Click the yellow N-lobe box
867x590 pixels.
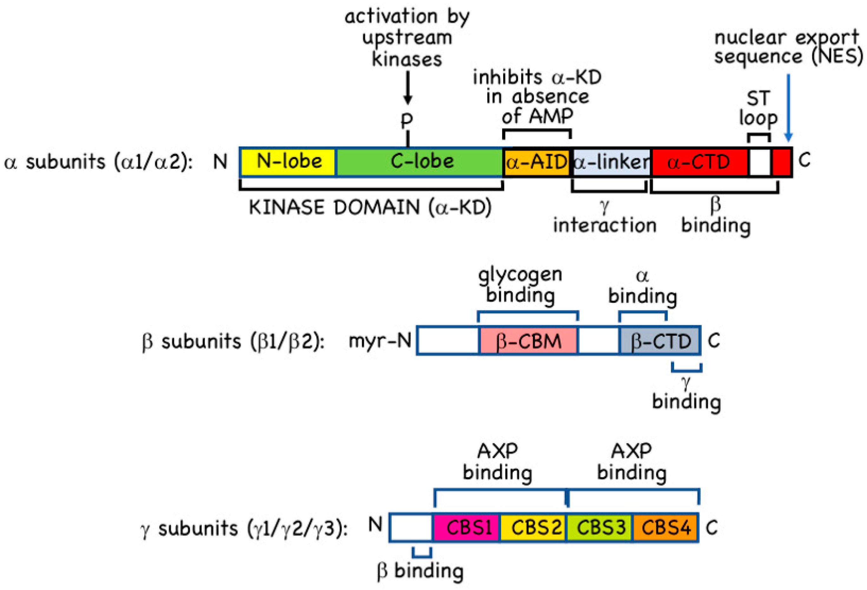click(288, 162)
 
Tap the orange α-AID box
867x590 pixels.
click(536, 162)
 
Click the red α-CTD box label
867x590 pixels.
click(698, 162)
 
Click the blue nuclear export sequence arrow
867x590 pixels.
click(788, 108)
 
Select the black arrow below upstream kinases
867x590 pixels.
click(408, 88)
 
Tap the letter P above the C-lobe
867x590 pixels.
click(407, 120)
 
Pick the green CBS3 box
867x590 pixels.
click(600, 527)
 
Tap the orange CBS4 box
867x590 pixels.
click(666, 527)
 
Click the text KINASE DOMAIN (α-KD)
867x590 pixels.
click(370, 207)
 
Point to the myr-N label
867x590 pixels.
click(379, 340)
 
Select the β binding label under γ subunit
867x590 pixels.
click(420, 571)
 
